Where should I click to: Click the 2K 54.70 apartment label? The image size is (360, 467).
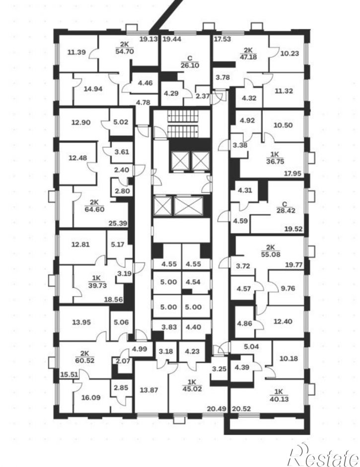pyautogui.click(x=124, y=48)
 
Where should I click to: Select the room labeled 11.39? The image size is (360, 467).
pyautogui.click(x=76, y=53)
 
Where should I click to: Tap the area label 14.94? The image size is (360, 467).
pyautogui.click(x=93, y=88)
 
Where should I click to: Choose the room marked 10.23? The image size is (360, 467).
pyautogui.click(x=289, y=54)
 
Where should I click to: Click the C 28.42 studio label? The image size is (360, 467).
pyautogui.click(x=285, y=208)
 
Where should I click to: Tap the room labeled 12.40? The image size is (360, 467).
pyautogui.click(x=283, y=321)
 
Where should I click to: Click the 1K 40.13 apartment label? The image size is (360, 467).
pyautogui.click(x=279, y=395)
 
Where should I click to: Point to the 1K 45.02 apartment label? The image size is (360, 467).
pyautogui.click(x=192, y=386)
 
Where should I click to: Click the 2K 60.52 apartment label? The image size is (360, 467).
pyautogui.click(x=85, y=357)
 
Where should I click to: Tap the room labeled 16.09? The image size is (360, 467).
pyautogui.click(x=91, y=397)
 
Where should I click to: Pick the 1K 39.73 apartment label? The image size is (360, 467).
pyautogui.click(x=97, y=282)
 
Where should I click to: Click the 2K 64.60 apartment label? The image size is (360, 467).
pyautogui.click(x=94, y=206)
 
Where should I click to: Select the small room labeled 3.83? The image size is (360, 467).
pyautogui.click(x=169, y=327)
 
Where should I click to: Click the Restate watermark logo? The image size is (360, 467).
pyautogui.click(x=323, y=455)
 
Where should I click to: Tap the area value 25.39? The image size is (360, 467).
pyautogui.click(x=118, y=223)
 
